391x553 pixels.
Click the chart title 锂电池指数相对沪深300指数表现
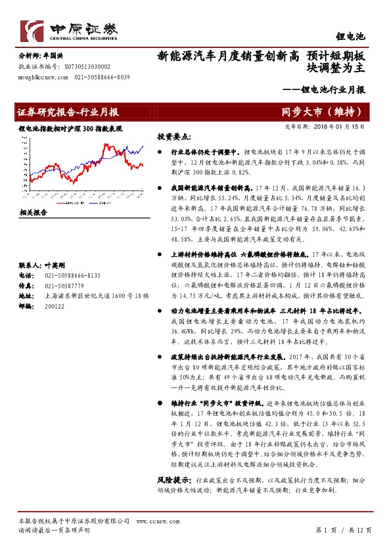pos(70,129)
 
